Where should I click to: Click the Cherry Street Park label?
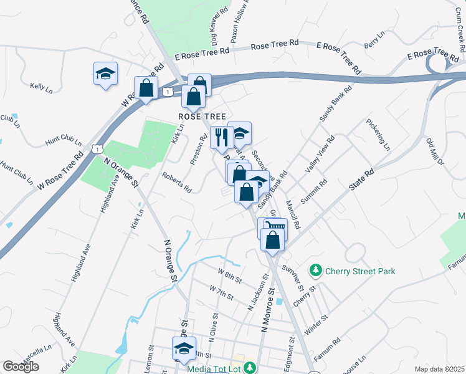[361, 271]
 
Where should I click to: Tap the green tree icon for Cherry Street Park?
[316, 271]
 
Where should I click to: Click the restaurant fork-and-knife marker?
[221, 137]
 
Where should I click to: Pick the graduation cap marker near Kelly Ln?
[105, 74]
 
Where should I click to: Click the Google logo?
[21, 367]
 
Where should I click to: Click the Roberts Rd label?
[177, 183]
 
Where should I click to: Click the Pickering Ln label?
[379, 135]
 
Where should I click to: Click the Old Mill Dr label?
[434, 153]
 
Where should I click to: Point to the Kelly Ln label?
[41, 88]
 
